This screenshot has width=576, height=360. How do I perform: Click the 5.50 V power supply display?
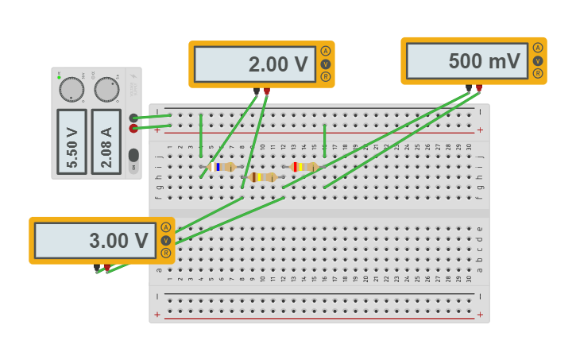point(72,141)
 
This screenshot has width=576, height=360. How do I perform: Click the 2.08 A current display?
point(106,141)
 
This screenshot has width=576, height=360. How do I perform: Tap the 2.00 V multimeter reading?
point(254,64)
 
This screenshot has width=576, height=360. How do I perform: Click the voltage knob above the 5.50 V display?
point(72,89)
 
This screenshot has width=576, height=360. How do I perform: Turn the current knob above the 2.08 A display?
point(106,89)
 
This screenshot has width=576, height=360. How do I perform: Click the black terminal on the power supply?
point(133,118)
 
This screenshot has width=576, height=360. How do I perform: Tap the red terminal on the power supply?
point(133,128)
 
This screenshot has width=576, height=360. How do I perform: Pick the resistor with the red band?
point(303,167)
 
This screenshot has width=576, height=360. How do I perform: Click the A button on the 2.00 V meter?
point(325,51)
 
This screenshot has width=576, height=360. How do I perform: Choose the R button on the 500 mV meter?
point(538,73)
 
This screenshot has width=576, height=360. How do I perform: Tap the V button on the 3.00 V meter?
point(165,240)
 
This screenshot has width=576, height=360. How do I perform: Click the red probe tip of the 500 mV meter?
point(479,88)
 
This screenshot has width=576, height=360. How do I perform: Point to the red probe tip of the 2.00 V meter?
point(267,91)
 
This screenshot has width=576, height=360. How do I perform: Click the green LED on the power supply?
point(58,76)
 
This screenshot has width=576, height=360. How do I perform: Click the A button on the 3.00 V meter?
point(165,227)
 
